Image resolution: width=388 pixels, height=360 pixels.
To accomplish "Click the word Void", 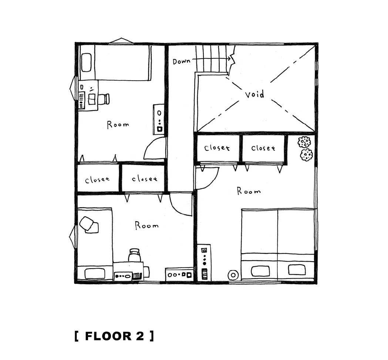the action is click(x=254, y=94).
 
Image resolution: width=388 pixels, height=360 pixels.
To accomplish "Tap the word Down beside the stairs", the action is click(x=181, y=61).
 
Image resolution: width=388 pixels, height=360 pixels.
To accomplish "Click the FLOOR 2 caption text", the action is click(x=114, y=336).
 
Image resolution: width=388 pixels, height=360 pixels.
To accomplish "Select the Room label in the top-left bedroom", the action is click(x=118, y=124).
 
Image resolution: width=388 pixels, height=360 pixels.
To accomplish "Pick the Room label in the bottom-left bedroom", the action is click(x=146, y=225).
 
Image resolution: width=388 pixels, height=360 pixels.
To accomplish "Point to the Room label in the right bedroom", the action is click(x=249, y=191).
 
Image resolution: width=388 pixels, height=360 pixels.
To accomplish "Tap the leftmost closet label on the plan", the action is click(x=97, y=179).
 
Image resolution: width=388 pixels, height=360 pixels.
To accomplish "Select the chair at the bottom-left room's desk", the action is click(x=134, y=255).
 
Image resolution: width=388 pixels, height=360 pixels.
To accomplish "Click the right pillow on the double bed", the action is click(x=297, y=270).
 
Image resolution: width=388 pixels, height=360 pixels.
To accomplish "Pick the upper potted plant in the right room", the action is click(x=304, y=142).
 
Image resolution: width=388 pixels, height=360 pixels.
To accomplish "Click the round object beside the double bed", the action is click(x=233, y=275).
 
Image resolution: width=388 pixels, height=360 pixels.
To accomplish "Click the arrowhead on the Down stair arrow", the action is click(x=229, y=59).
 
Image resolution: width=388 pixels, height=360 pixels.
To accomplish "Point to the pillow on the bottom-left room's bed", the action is click(x=95, y=274).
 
